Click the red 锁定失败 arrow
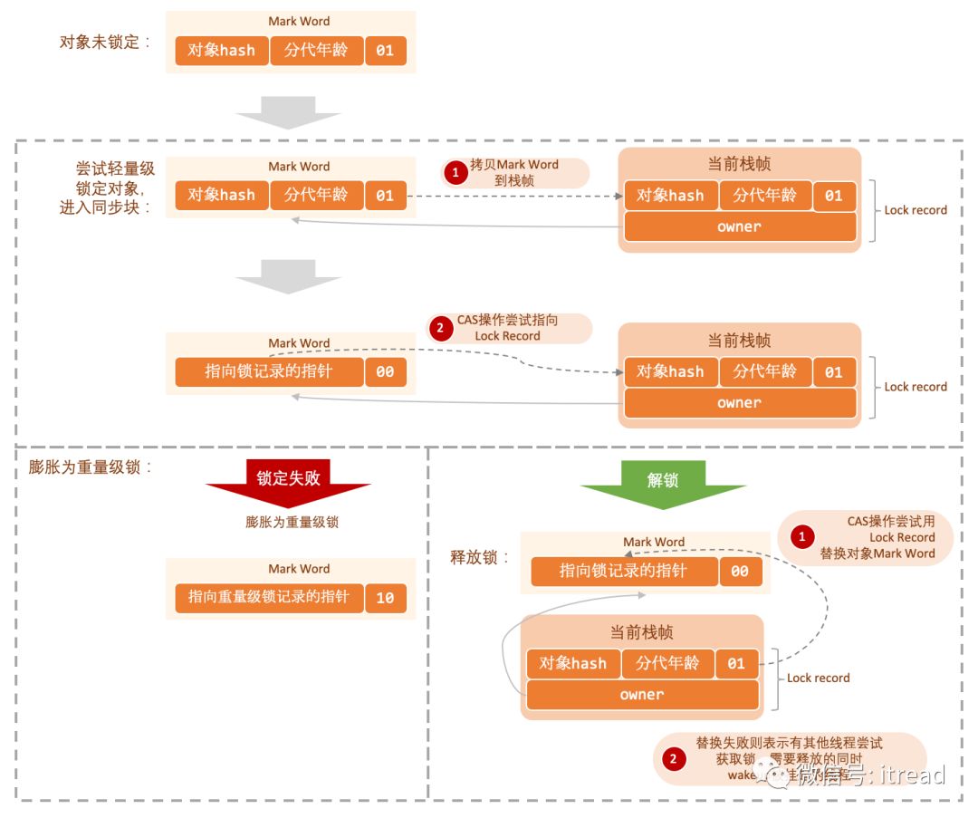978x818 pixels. click(x=288, y=478)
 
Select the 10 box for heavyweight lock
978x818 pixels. click(x=385, y=598)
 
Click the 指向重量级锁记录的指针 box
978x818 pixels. click(x=268, y=598)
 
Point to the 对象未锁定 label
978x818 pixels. click(x=105, y=43)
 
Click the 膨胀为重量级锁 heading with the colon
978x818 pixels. click(x=91, y=467)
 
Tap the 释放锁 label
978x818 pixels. click(x=481, y=557)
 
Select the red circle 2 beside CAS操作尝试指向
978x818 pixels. click(x=441, y=328)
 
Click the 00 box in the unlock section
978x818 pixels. click(x=740, y=572)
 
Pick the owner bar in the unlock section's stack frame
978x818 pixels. click(x=642, y=695)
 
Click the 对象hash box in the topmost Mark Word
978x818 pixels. click(x=222, y=51)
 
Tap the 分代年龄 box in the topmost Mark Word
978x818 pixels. click(x=316, y=51)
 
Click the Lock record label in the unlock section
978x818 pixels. click(x=819, y=678)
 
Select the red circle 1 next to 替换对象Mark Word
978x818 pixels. click(x=801, y=537)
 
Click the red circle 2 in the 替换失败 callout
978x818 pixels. click(x=673, y=759)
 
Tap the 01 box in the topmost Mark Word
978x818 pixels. click(x=385, y=51)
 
